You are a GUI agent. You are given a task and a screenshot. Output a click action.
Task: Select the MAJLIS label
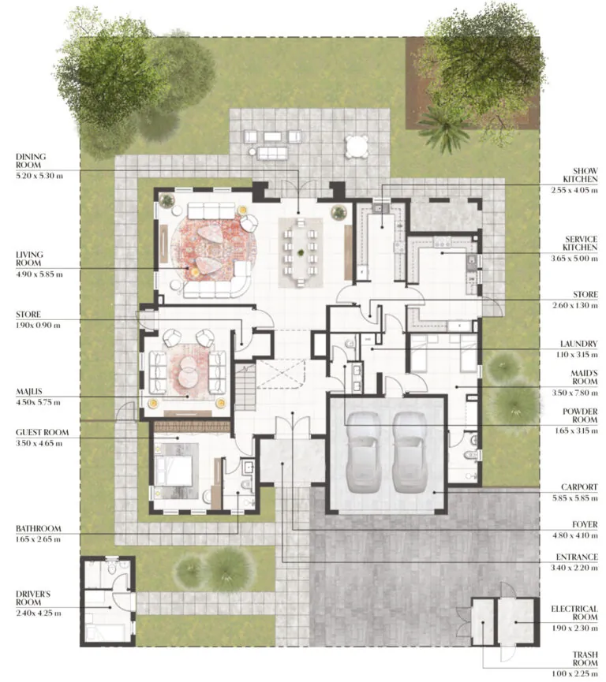pyautogui.click(x=30, y=390)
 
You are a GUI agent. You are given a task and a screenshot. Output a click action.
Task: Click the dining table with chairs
pyautogui.click(x=301, y=251)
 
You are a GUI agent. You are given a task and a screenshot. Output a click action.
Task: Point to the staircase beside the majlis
pyautogui.click(x=245, y=386)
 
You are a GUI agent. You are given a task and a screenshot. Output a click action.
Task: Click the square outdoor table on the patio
pyautogui.click(x=357, y=146)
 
